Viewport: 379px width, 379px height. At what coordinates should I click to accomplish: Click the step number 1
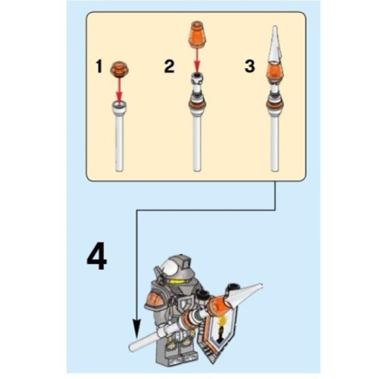[x=99, y=67]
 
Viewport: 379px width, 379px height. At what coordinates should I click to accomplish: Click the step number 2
[x=169, y=67]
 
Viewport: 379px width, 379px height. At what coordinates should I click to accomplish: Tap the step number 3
[x=249, y=66]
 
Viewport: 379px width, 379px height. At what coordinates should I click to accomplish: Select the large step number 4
[x=97, y=256]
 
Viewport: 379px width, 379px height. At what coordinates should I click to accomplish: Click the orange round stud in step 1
[x=120, y=68]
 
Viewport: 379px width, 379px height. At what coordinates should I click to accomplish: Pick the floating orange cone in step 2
[x=198, y=34]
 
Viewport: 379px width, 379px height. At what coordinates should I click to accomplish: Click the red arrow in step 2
[x=197, y=60]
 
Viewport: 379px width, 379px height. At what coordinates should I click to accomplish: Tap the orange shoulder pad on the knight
[x=155, y=301]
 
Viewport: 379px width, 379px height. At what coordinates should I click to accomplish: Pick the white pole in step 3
[x=275, y=142]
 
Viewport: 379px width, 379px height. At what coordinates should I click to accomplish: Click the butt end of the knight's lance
[x=132, y=347]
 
